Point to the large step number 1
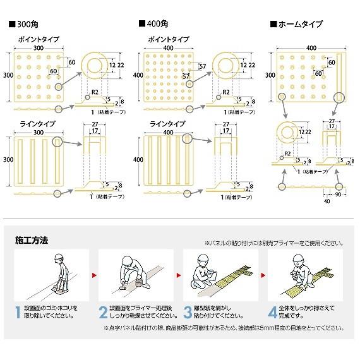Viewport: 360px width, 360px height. click(x=17, y=311)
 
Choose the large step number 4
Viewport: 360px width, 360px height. click(x=272, y=311)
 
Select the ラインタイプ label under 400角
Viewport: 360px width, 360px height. click(x=167, y=124)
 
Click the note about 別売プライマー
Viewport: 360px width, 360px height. click(x=273, y=243)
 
